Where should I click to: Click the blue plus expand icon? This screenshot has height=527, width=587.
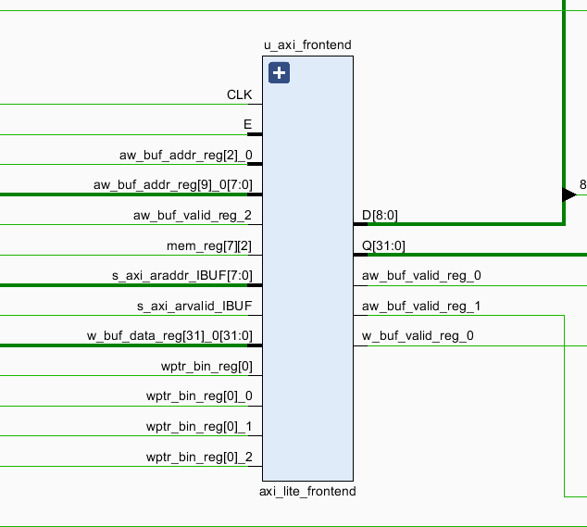[x=280, y=73]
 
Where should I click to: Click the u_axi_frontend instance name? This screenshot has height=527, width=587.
[x=307, y=44]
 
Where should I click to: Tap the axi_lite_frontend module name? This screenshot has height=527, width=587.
[x=307, y=491]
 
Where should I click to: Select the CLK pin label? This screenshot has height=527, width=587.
[x=239, y=94]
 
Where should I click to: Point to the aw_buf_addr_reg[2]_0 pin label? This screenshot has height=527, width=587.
[x=185, y=155]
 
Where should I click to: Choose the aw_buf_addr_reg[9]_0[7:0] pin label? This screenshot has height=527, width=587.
[x=172, y=185]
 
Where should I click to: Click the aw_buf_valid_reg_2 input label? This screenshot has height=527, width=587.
[x=193, y=215]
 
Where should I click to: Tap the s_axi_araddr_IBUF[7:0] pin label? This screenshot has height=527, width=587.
[x=181, y=275]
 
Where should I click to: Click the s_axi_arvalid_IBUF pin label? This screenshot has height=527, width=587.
[x=194, y=306]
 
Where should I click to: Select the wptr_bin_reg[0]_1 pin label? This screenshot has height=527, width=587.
[x=198, y=426]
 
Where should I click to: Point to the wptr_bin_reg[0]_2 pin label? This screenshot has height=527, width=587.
[x=198, y=457]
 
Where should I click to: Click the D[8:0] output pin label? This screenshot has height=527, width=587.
[x=381, y=215]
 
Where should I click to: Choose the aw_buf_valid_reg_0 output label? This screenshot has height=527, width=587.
[x=421, y=275]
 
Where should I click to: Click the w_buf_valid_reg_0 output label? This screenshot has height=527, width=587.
[x=418, y=335]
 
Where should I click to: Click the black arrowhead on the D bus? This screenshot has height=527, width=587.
[x=568, y=194]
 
